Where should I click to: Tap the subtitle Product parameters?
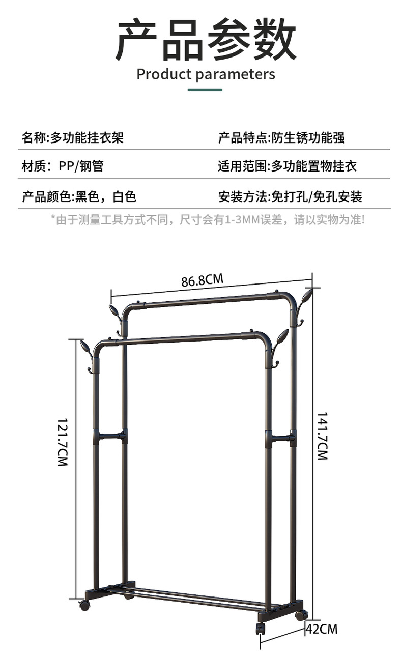(206, 74)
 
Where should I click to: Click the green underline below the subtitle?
(205, 90)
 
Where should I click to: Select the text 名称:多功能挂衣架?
(72, 137)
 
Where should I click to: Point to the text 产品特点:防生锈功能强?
(281, 137)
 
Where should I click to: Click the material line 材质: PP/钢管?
(63, 166)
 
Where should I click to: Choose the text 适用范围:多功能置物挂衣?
(288, 166)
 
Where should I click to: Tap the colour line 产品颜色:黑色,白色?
(79, 197)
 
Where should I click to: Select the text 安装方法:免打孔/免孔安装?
(290, 197)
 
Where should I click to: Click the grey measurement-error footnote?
(208, 220)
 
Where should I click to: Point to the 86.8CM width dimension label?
(202, 280)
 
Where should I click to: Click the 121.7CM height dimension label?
(62, 442)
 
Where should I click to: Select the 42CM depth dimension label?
(322, 629)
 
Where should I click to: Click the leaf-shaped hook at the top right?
(306, 297)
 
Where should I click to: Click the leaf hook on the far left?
(85, 348)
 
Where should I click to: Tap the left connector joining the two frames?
(110, 436)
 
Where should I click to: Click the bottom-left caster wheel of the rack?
(84, 606)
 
